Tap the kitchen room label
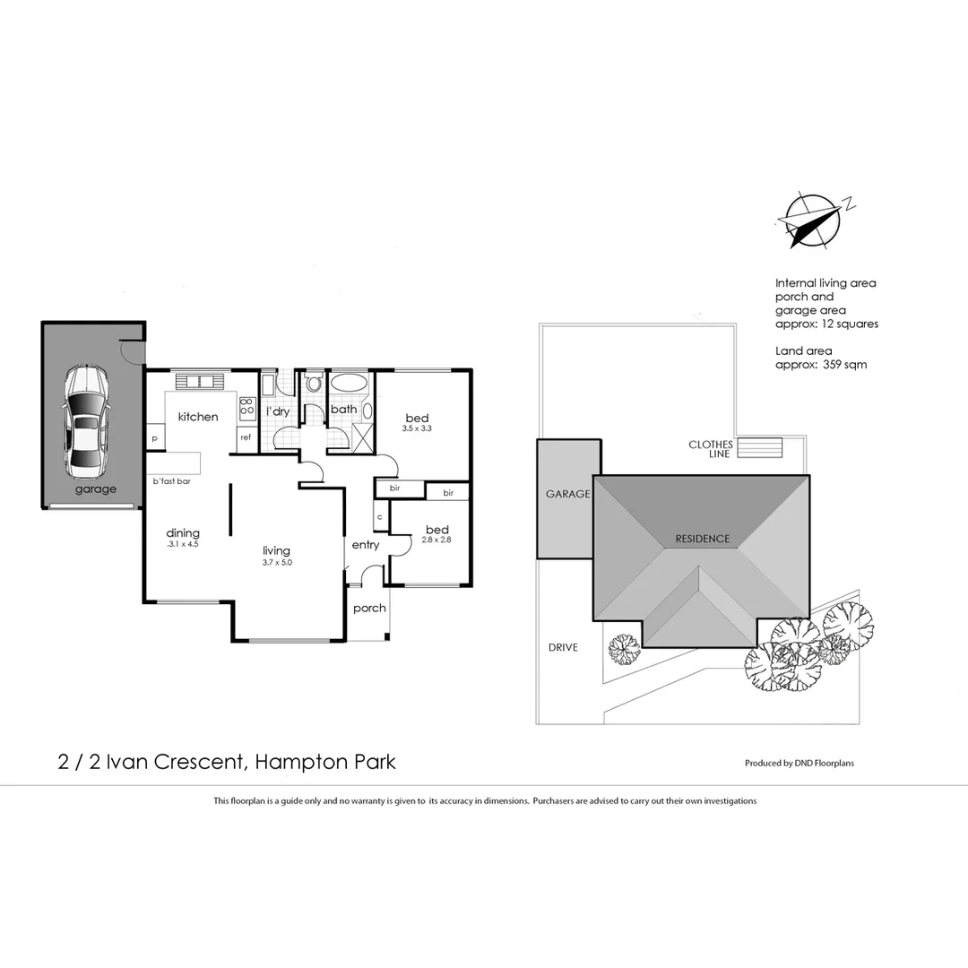click(197, 417)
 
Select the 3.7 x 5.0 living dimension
click(276, 563)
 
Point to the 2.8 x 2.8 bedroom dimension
click(436, 540)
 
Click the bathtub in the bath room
click(349, 384)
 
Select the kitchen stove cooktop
click(247, 408)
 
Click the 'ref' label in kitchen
click(245, 437)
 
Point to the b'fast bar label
click(171, 481)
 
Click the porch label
click(369, 609)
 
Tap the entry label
click(365, 545)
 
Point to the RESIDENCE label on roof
click(702, 539)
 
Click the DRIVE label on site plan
click(563, 647)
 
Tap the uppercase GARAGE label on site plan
click(567, 494)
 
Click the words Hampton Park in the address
click(325, 763)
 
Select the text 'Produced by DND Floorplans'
click(799, 764)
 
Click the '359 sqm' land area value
click(843, 365)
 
